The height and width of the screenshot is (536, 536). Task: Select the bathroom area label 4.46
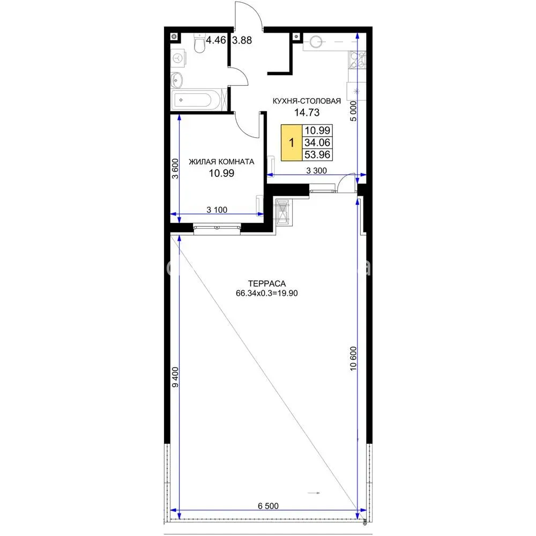(x=215, y=40)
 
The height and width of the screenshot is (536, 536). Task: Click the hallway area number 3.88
(x=242, y=40)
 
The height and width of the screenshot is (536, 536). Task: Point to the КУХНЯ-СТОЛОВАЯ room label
(x=307, y=101)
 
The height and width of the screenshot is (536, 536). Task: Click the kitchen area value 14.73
(x=307, y=112)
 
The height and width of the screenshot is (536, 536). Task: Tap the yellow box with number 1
(x=292, y=143)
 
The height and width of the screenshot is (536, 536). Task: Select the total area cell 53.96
(x=317, y=154)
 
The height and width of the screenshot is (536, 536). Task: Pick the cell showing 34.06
(x=317, y=143)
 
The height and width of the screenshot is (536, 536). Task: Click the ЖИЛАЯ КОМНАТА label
(x=221, y=162)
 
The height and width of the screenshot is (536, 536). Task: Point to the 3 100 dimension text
(x=217, y=210)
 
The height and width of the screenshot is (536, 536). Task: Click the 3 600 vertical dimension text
(x=175, y=169)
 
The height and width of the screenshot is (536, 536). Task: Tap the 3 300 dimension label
(x=316, y=170)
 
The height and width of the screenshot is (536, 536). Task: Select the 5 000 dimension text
(x=353, y=111)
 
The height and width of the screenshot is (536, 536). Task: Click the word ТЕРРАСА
(x=266, y=284)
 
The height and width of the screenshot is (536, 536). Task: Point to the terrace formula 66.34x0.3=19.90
(x=266, y=293)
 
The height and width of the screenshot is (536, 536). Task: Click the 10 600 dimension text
(x=353, y=359)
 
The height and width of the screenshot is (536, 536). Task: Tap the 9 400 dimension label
(x=175, y=377)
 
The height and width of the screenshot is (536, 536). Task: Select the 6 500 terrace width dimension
(x=268, y=505)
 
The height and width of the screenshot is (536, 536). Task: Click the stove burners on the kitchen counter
(x=357, y=60)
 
